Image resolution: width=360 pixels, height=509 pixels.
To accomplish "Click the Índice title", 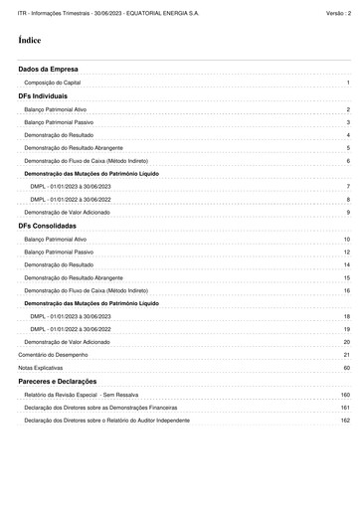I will pos(29,40).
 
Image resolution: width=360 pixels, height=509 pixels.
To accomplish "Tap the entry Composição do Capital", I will pos(58,84).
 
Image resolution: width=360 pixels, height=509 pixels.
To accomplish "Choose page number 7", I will pos(348,187).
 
